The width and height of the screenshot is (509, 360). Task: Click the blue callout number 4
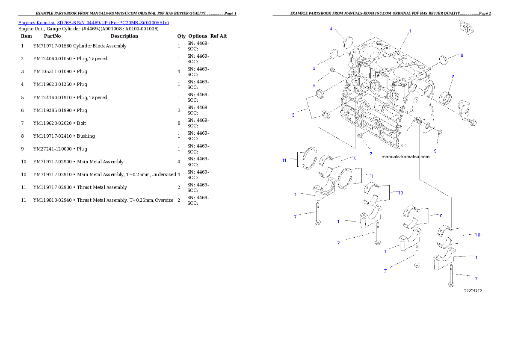[331, 29]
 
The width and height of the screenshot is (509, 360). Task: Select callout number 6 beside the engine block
[462, 55]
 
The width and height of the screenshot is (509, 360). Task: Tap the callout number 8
[453, 77]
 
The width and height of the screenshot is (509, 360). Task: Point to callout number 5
[314, 86]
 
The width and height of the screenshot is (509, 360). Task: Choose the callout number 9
[435, 151]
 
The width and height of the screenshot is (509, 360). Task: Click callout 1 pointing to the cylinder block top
[410, 31]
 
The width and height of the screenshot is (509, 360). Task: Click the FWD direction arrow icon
[465, 27]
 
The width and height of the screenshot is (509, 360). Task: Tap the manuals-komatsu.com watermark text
[405, 156]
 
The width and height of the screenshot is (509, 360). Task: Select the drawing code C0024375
[473, 290]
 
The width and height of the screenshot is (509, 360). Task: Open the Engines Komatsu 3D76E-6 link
[93, 22]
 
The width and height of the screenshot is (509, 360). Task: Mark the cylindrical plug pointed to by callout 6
[443, 61]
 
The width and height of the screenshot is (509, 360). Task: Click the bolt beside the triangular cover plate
[472, 123]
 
